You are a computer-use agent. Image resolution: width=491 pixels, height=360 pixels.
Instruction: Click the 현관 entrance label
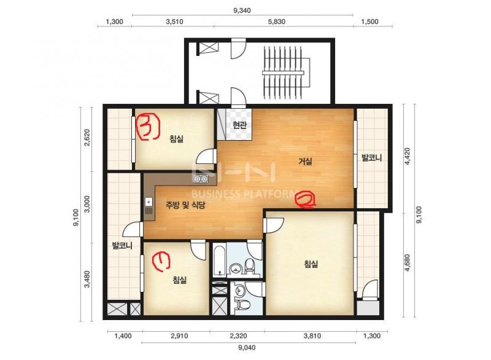(x=239, y=125)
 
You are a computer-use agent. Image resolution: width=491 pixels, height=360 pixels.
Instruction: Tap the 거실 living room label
(x=305, y=162)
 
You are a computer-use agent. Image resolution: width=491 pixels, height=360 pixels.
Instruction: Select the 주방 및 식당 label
(x=185, y=205)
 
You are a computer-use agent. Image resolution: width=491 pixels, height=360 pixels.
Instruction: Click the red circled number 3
(x=149, y=127)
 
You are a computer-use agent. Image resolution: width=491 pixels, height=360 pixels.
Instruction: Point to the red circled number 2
(x=305, y=200)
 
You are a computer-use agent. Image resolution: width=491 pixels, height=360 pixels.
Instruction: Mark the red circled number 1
(x=161, y=261)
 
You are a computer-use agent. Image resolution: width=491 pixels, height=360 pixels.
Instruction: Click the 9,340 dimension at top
(x=242, y=10)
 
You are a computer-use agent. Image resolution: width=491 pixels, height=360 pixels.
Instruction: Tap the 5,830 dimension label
(x=277, y=22)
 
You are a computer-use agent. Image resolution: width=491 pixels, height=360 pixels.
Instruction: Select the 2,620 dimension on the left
(x=87, y=137)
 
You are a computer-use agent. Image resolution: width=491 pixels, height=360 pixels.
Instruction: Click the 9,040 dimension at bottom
(x=247, y=348)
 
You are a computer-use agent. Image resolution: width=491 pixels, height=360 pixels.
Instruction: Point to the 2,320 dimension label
(x=238, y=336)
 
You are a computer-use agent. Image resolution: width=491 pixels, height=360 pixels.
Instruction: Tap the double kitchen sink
(x=201, y=179)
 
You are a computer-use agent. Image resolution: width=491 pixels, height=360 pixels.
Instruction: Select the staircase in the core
(x=284, y=72)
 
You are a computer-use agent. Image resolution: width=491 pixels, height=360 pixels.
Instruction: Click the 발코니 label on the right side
(x=372, y=157)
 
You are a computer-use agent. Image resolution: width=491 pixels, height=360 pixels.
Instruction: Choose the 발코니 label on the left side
(x=122, y=246)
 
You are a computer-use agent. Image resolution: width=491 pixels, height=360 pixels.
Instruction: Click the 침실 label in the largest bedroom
(x=311, y=264)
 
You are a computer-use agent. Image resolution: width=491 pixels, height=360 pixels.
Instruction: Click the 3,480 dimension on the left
(x=87, y=280)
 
